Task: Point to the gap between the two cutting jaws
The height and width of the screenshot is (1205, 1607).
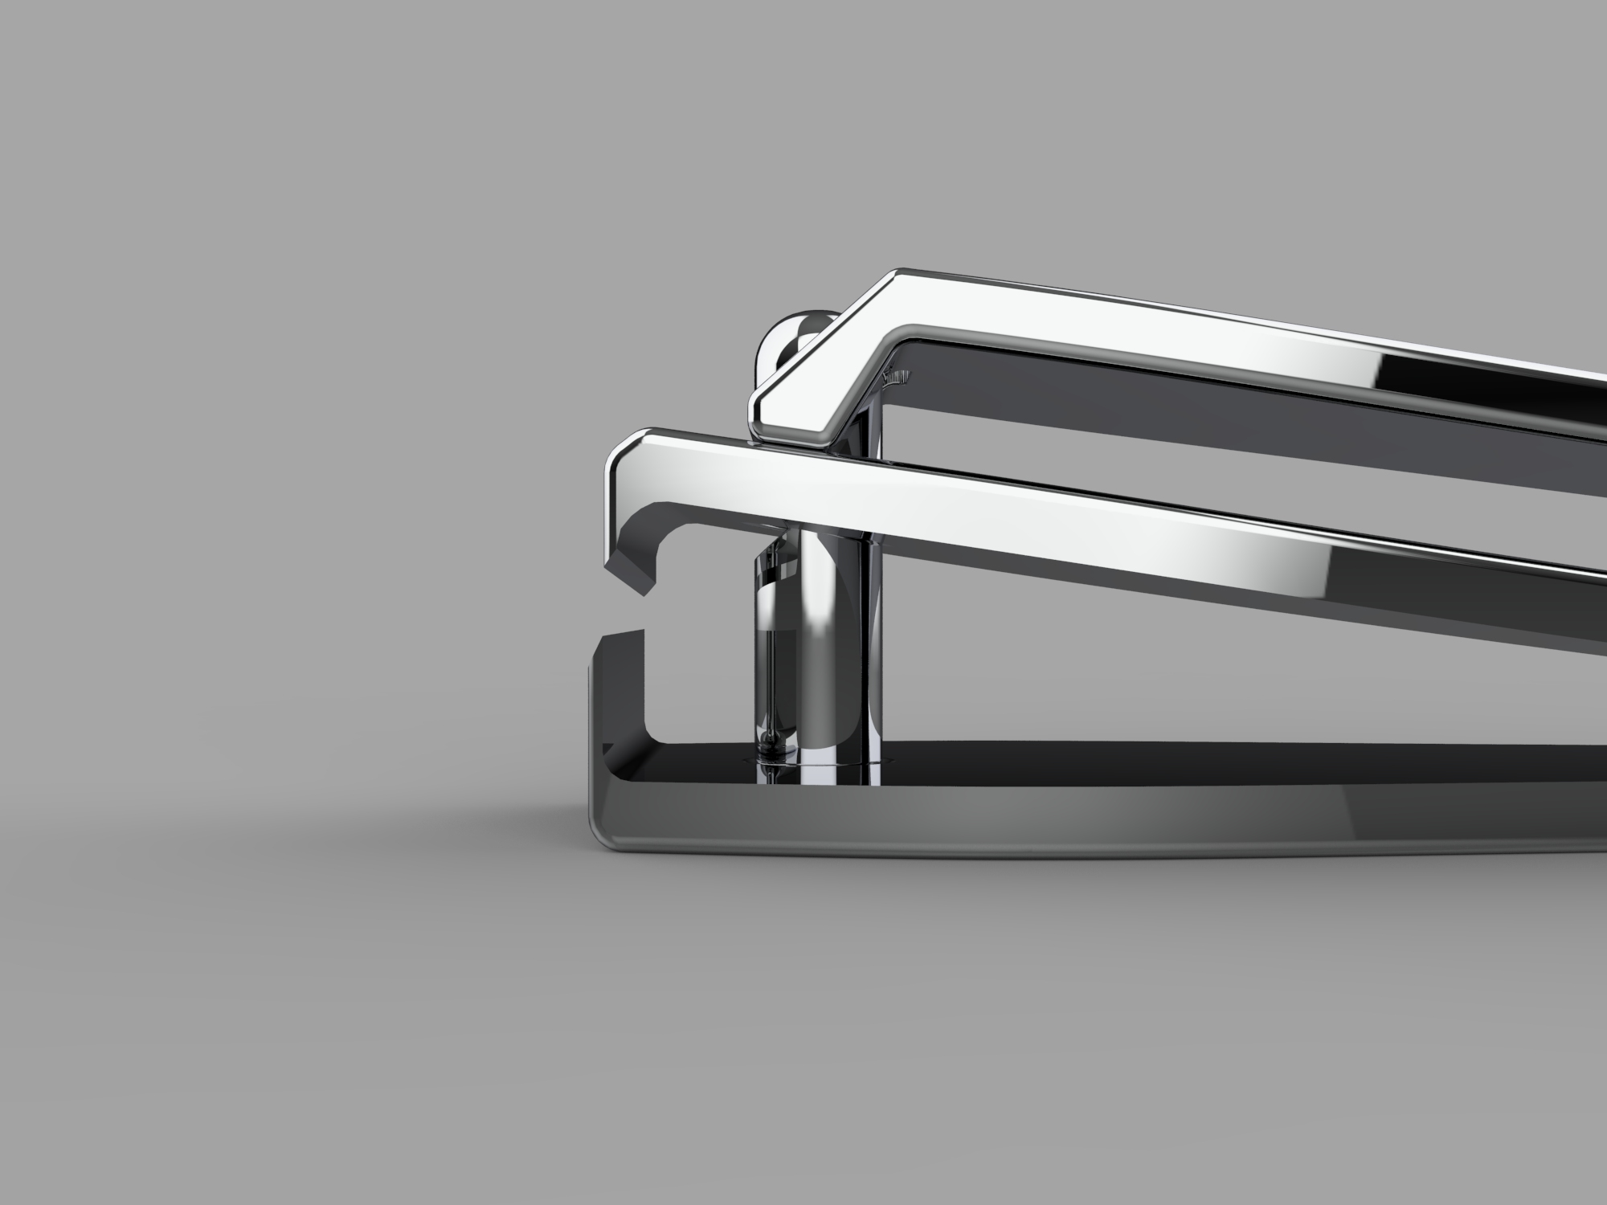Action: click(623, 615)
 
